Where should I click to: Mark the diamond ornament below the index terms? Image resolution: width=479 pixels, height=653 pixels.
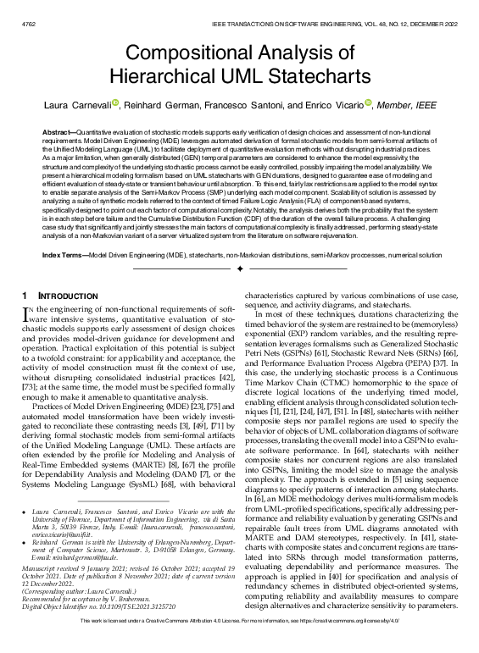[x=239, y=268]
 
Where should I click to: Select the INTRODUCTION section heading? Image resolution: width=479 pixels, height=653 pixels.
[x=64, y=295]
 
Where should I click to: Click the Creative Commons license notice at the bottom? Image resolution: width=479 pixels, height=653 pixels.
[x=239, y=643]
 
